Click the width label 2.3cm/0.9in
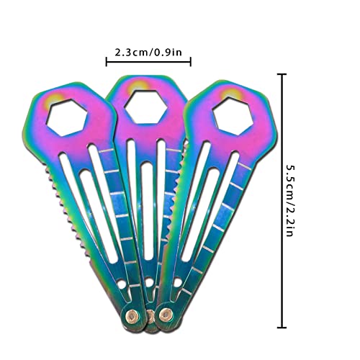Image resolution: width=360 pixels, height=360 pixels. pos(148,52)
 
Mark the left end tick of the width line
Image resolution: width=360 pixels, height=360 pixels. pos(107,63)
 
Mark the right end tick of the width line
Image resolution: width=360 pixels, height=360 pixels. pos(190,63)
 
